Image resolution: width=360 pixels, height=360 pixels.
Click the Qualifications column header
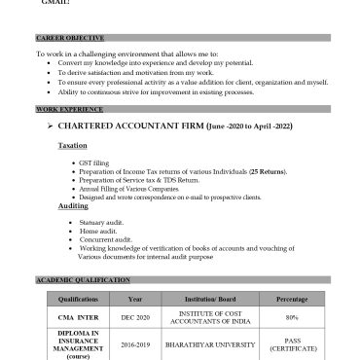click(x=78, y=299)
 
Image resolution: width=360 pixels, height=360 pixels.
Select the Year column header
click(x=135, y=299)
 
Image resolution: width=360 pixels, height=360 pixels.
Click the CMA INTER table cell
click(x=78, y=317)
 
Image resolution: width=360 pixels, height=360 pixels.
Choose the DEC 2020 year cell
click(x=135, y=317)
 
